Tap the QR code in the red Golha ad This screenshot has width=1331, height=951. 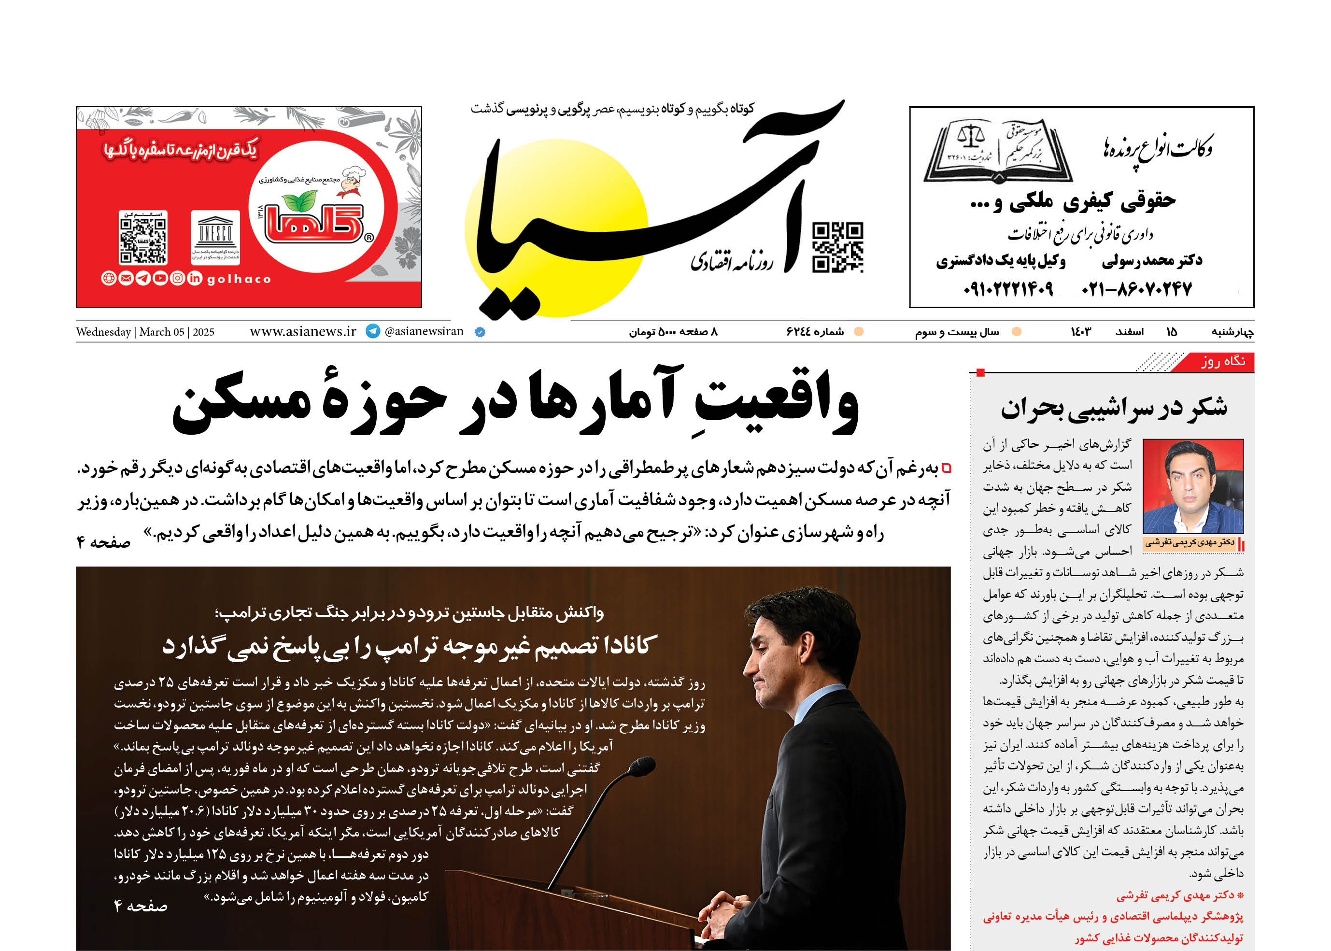pos(143,237)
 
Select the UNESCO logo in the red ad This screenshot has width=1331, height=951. pos(215,236)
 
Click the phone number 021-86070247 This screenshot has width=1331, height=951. pos(1136,289)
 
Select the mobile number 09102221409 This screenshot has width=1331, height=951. pos(1008,289)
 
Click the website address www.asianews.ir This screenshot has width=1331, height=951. pos(303,331)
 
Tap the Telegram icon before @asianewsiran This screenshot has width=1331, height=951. pos(372,331)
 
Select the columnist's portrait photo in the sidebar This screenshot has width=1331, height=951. pos(1193,486)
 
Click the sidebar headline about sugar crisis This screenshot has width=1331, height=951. pos(1113,408)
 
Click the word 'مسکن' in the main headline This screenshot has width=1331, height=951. pos(241,404)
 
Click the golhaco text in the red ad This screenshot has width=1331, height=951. pos(239,279)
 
